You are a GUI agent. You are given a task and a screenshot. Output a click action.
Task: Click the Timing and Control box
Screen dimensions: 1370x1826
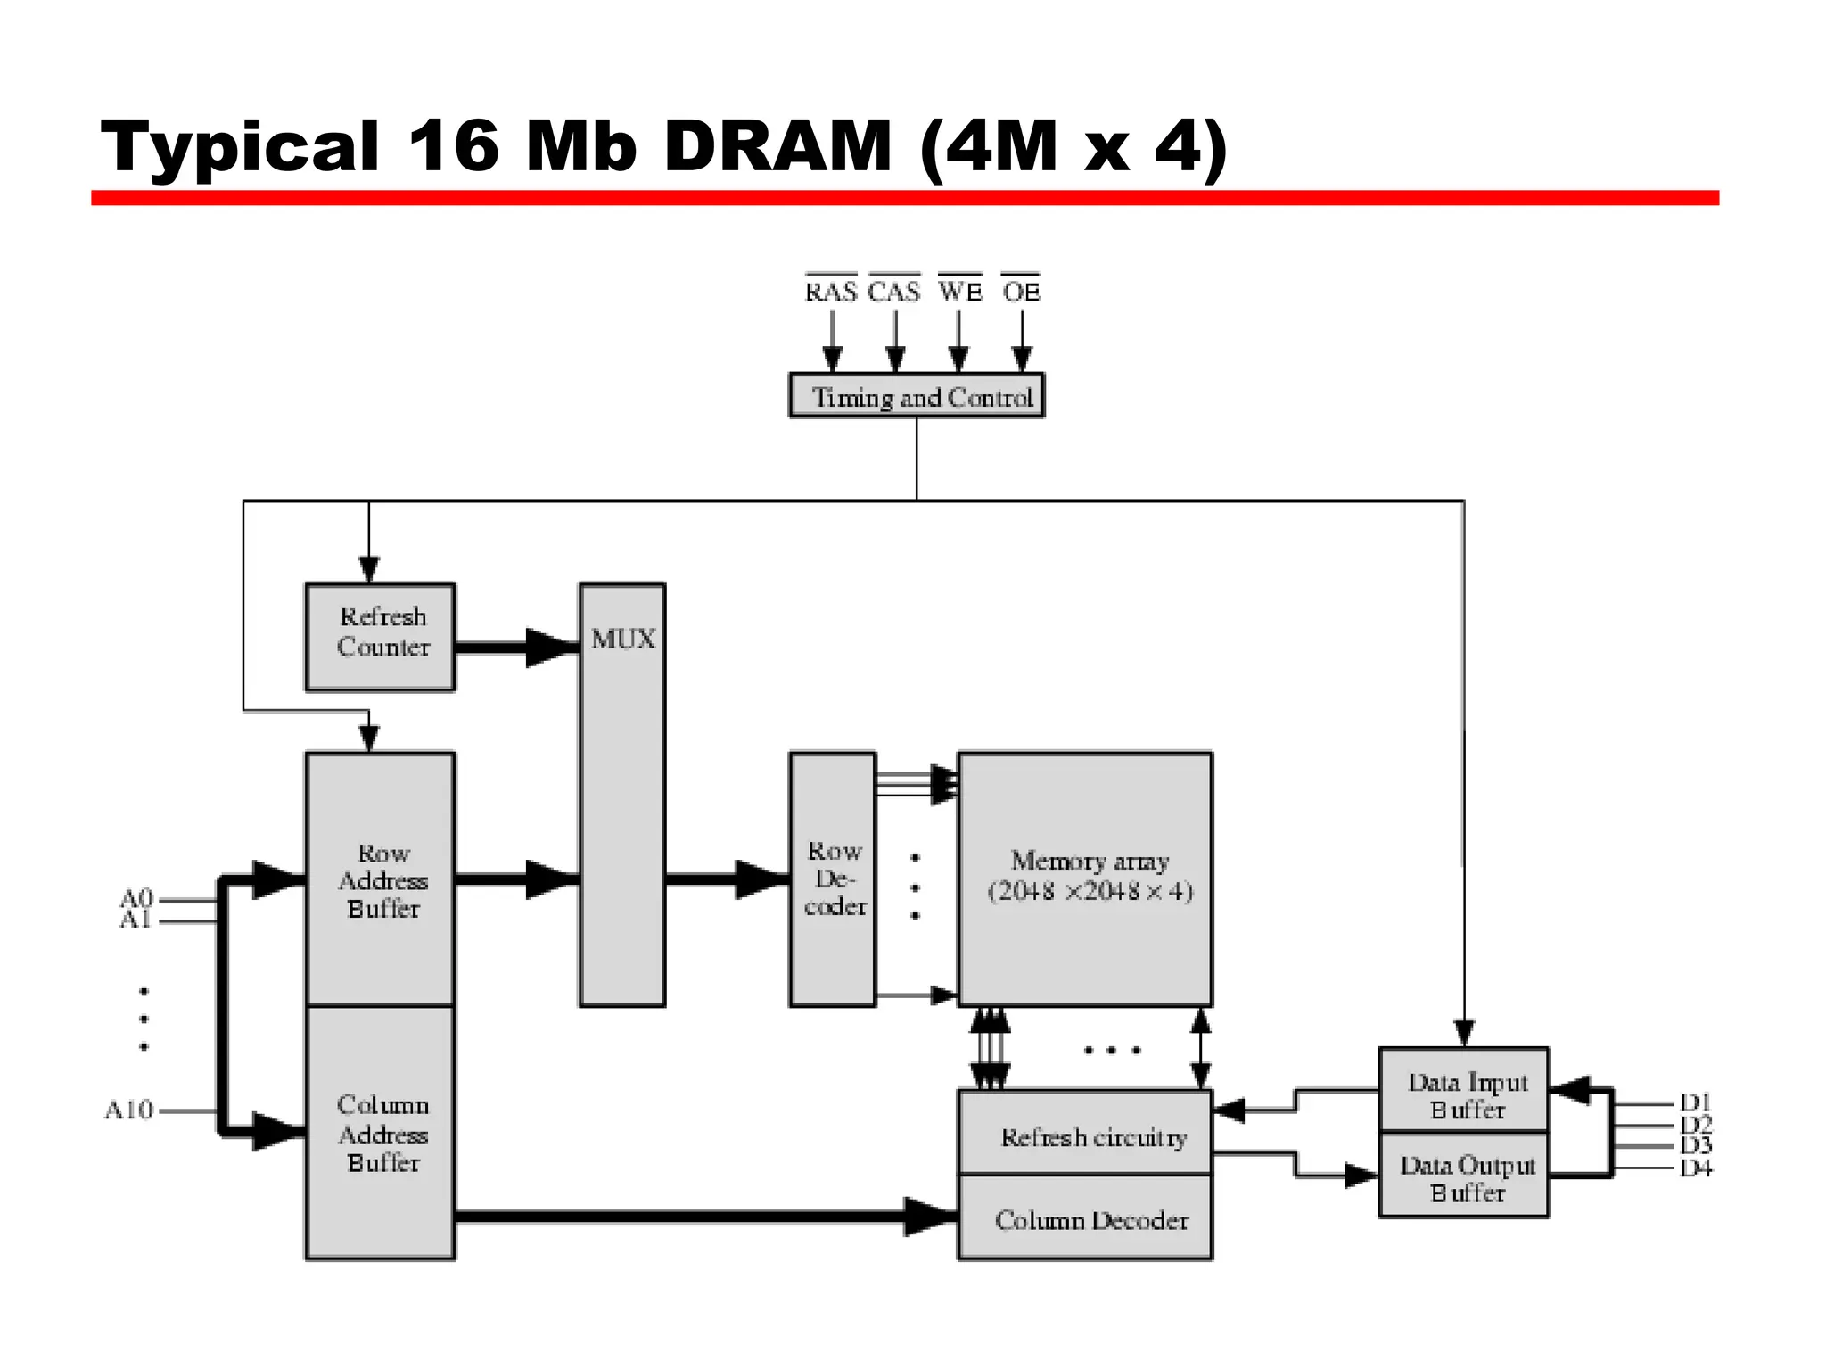pyautogui.click(x=917, y=395)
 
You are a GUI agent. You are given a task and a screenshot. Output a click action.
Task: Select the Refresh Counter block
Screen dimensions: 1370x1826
pyautogui.click(x=381, y=637)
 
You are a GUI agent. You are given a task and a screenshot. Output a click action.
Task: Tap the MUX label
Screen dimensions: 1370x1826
pyautogui.click(x=623, y=640)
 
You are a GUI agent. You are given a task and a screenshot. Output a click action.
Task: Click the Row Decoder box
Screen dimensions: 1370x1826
pyautogui.click(x=833, y=879)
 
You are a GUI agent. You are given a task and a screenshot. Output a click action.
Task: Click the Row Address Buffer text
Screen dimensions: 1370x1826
pyautogui.click(x=383, y=880)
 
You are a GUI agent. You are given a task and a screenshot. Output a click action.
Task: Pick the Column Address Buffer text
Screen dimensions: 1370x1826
pyautogui.click(x=383, y=1134)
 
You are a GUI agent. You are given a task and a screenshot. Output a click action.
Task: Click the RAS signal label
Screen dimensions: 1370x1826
pyautogui.click(x=831, y=292)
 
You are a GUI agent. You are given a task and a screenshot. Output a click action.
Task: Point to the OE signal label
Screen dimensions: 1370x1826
pyautogui.click(x=1022, y=292)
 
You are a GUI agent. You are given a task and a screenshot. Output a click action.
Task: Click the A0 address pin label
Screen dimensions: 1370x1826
pyautogui.click(x=137, y=897)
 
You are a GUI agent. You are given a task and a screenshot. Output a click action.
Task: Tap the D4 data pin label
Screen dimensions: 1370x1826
pyautogui.click(x=1695, y=1168)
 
